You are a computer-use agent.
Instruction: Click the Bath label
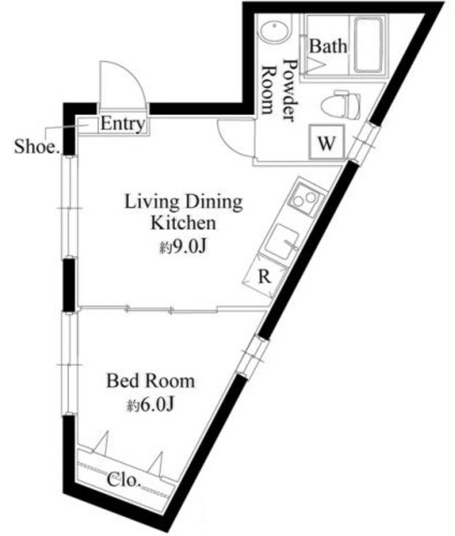pos(328,47)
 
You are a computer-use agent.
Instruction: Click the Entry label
pos(122,125)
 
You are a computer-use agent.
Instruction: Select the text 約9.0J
pos(184,248)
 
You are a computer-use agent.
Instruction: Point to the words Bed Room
pos(150,382)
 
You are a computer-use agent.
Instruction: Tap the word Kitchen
pos(184,224)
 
